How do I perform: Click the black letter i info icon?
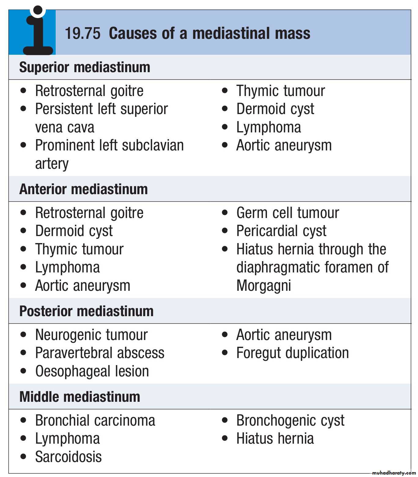(38, 32)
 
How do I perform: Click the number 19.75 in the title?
(83, 33)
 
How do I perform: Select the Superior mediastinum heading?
(85, 67)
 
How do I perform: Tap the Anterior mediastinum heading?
(83, 189)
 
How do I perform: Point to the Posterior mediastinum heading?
(86, 311)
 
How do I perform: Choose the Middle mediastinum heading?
(80, 397)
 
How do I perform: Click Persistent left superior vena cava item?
(101, 118)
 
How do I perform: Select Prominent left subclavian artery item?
(109, 154)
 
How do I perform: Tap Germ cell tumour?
(287, 213)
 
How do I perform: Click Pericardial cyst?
(281, 231)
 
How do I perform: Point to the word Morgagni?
(264, 286)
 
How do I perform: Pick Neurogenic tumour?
(91, 335)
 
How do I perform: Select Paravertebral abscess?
(100, 353)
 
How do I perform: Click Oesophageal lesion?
(92, 371)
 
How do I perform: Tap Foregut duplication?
(292, 353)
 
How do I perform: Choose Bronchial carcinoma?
(95, 420)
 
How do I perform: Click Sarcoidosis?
(68, 457)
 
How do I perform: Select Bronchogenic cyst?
(290, 420)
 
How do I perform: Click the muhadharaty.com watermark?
(394, 473)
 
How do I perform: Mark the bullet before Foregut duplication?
(225, 353)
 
